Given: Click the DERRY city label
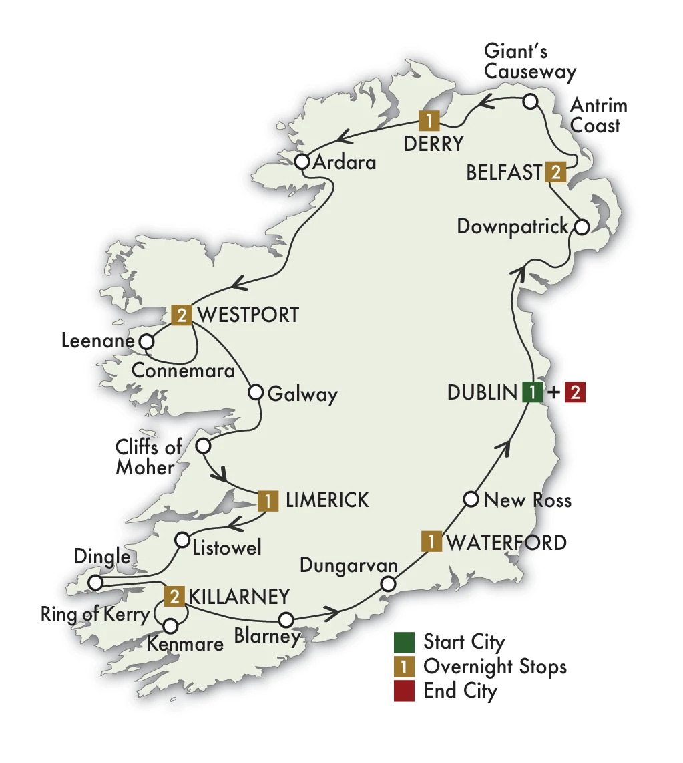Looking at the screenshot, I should [434, 143].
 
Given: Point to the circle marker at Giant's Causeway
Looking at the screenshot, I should [530, 102].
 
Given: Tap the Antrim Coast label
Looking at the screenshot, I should [598, 116].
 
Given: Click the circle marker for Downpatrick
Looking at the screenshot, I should [582, 226].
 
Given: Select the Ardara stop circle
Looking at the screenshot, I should [302, 162].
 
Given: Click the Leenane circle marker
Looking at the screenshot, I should [146, 342].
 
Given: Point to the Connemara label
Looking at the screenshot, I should [184, 369].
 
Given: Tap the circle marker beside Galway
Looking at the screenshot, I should [255, 392].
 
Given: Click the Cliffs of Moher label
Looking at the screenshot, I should [148, 457].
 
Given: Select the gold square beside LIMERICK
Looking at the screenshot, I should [267, 500].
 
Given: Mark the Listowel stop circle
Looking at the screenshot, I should [182, 539].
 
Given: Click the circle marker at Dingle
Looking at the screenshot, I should [95, 583].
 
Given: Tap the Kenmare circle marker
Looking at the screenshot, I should [171, 626].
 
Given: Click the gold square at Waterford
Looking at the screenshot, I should [432, 541].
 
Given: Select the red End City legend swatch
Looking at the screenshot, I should [404, 690].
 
